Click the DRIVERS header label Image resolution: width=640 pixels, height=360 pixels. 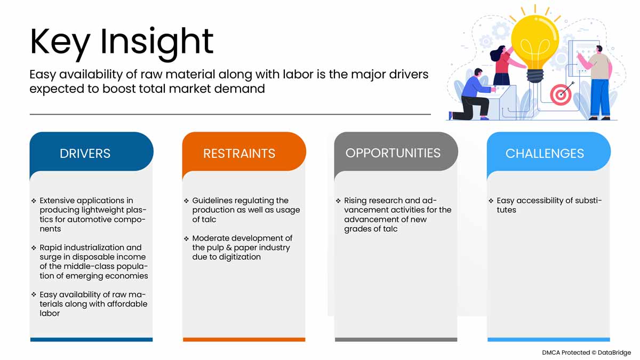pos(85,154)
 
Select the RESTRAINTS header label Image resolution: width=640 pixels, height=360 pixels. pos(239,154)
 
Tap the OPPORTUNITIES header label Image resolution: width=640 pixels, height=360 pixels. pos(393,153)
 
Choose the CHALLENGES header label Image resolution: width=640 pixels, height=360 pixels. pos(545,154)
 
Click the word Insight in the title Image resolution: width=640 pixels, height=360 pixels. pos(157,42)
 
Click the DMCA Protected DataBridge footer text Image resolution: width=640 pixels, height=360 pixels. pos(586,353)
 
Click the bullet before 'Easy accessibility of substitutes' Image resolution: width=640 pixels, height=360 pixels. pos(491,201)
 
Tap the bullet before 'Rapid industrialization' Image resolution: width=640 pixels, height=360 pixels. pos(34,247)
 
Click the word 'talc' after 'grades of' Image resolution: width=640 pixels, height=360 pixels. pos(390,229)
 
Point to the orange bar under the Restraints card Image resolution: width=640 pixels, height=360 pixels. pos(244,339)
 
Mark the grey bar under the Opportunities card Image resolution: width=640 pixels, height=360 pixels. pos(396,339)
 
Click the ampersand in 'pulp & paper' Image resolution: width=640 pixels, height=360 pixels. pos(229,247)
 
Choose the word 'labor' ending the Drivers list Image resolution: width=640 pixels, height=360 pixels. pos(50,314)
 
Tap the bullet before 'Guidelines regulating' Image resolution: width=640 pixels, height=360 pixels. pos(186,201)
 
